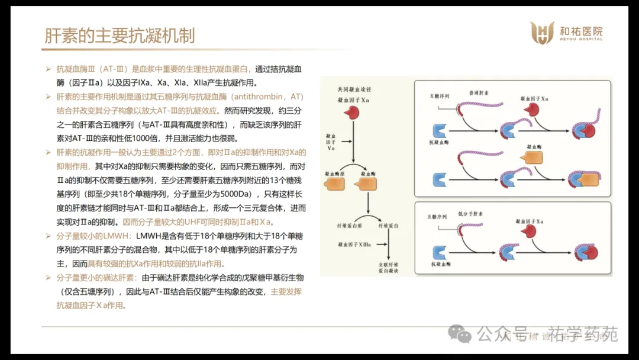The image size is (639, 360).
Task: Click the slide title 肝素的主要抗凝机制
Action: [x=120, y=36]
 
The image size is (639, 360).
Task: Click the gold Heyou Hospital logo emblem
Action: [x=541, y=33]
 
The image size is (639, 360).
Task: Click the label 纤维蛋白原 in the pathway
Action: [x=349, y=226]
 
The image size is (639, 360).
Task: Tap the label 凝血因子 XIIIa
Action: [x=356, y=244]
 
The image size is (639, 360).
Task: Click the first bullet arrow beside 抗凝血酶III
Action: [x=49, y=69]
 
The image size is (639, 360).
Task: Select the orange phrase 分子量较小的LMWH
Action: [x=94, y=236]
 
